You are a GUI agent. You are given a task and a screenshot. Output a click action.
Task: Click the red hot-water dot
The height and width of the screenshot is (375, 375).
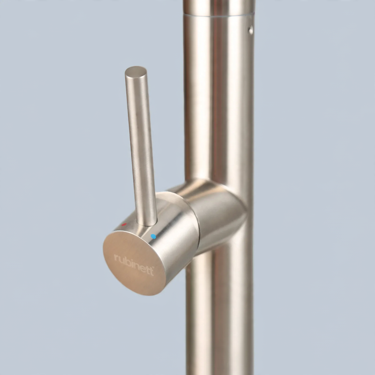pyautogui.click(x=124, y=225)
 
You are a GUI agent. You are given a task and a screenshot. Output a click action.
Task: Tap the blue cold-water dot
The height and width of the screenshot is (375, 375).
pyautogui.click(x=154, y=237)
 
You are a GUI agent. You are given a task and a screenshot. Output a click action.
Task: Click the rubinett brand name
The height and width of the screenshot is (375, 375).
pyautogui.click(x=134, y=265)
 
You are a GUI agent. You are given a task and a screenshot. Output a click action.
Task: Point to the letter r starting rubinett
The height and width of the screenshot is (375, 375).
pyautogui.click(x=116, y=257)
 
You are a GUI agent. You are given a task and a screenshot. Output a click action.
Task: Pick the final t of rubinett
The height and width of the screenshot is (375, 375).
pyautogui.click(x=151, y=271)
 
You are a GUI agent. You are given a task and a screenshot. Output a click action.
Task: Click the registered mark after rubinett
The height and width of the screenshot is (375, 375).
pyautogui.click(x=153, y=267)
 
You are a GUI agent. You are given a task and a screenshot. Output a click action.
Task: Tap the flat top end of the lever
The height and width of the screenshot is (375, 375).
pyautogui.click(x=136, y=71)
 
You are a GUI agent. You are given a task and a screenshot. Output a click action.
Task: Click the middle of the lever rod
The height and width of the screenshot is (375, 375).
pyautogui.click(x=141, y=146)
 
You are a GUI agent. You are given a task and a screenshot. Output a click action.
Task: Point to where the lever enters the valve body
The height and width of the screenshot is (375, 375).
pyautogui.click(x=147, y=224)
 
